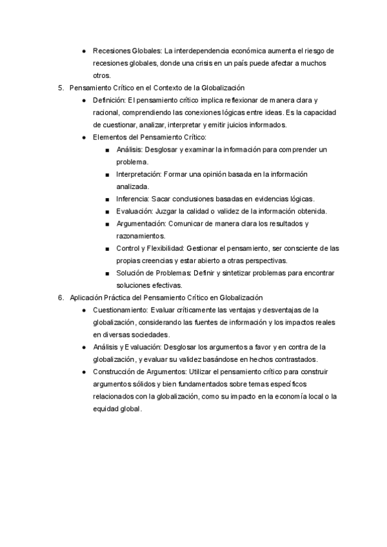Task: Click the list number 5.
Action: pyautogui.click(x=60, y=87)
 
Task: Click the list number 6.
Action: pyautogui.click(x=60, y=297)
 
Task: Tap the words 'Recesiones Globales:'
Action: pyautogui.click(x=128, y=50)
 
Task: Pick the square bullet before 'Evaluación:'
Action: pyautogui.click(x=107, y=212)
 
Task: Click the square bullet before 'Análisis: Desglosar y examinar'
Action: pyautogui.click(x=107, y=150)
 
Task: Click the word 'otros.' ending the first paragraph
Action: pyautogui.click(x=102, y=75)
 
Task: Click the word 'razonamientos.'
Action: pyautogui.click(x=141, y=236)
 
